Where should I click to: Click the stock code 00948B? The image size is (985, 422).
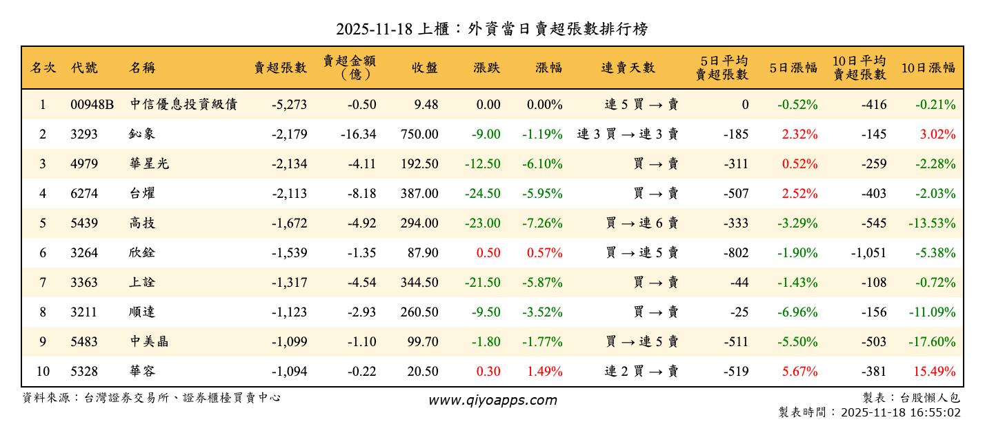[x=92, y=105]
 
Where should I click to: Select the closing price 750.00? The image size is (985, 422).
[x=419, y=134]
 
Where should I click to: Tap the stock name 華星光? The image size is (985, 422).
[x=148, y=164]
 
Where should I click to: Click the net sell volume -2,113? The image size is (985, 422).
[x=288, y=194]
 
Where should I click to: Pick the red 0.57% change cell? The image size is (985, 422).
[x=544, y=253]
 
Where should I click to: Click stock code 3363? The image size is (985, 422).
[x=84, y=283]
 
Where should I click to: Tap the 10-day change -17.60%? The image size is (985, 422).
[x=935, y=342]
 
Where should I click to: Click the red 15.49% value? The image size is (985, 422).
[x=935, y=372]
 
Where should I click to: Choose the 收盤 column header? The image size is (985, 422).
[x=424, y=68]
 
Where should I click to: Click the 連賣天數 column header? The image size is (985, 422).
[x=628, y=68]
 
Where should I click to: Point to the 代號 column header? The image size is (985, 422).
[x=84, y=68]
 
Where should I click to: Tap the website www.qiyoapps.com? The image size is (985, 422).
[x=492, y=400]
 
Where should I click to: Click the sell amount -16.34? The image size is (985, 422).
[x=359, y=134]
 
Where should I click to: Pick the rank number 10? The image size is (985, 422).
[x=43, y=372]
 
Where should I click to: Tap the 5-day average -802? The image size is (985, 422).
[x=736, y=253]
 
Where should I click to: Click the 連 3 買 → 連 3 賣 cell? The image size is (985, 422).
[x=628, y=134]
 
